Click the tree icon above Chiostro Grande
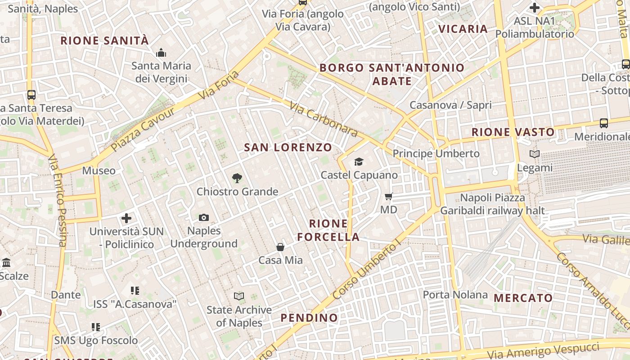(x=237, y=178)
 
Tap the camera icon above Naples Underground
(x=204, y=218)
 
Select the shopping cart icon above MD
(x=389, y=196)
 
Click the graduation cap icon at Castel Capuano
(x=359, y=162)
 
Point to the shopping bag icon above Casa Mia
(x=280, y=247)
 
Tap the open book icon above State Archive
(x=239, y=296)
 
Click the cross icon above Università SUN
(x=126, y=219)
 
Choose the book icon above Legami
(x=535, y=154)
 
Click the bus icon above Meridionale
(x=604, y=123)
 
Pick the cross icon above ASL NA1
(x=535, y=8)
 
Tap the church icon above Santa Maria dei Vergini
(x=161, y=53)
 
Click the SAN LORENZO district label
(x=288, y=147)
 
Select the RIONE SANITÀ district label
(x=104, y=40)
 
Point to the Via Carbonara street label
(x=324, y=119)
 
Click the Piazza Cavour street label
(x=143, y=129)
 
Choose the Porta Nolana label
(x=455, y=295)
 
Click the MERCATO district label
(x=523, y=298)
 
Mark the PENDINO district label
(x=309, y=318)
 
